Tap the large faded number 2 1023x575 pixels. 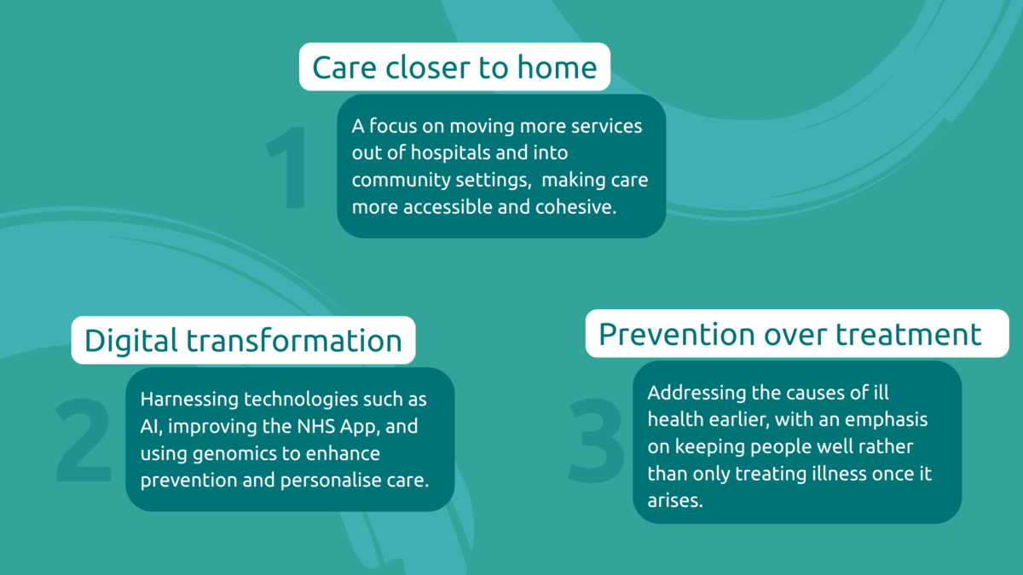(84, 440)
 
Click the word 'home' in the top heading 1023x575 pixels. (558, 67)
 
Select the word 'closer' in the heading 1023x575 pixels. (427, 67)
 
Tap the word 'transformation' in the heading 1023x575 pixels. (294, 341)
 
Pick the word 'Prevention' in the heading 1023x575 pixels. (677, 335)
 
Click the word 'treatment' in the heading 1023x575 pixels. (909, 335)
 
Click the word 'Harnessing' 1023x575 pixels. (189, 400)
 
